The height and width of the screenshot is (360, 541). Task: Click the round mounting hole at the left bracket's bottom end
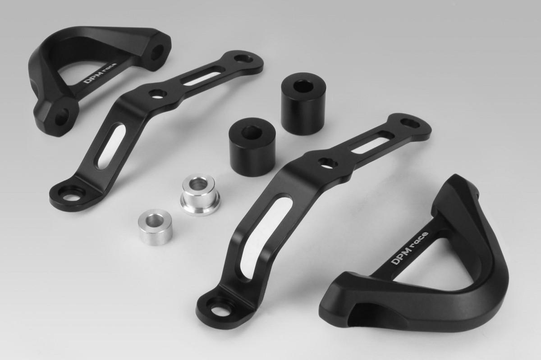tap(72, 197)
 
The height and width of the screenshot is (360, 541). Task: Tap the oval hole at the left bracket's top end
tap(244, 59)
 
